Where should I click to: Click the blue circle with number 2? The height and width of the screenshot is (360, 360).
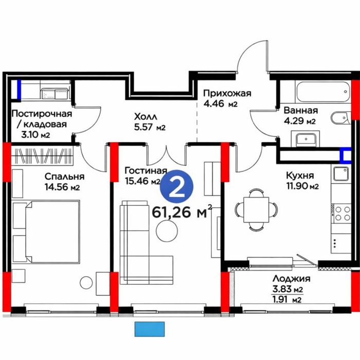(176, 186)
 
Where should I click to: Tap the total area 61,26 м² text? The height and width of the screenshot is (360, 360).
(182, 212)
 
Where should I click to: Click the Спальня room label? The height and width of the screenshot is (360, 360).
(64, 176)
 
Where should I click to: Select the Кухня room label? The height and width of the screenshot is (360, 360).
(300, 175)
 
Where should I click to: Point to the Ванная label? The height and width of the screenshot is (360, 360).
(301, 111)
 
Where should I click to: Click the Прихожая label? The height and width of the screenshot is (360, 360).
(227, 94)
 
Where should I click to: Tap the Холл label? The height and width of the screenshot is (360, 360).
(146, 117)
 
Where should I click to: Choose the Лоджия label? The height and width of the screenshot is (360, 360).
(292, 279)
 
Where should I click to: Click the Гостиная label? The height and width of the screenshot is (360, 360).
(146, 171)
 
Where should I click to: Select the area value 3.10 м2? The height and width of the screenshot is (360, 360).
(35, 135)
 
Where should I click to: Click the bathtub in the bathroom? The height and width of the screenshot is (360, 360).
(323, 92)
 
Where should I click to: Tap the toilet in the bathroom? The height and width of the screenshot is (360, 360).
(340, 118)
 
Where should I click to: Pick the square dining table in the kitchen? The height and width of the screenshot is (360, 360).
(256, 210)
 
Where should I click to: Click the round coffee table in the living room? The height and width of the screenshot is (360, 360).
(167, 231)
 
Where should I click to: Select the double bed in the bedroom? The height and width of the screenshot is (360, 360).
(52, 231)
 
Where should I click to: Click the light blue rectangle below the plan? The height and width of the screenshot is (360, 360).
(150, 329)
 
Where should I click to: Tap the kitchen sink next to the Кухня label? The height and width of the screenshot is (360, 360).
(341, 174)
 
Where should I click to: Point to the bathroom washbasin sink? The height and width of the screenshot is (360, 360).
(305, 139)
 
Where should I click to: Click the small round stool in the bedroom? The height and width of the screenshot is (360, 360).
(86, 282)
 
